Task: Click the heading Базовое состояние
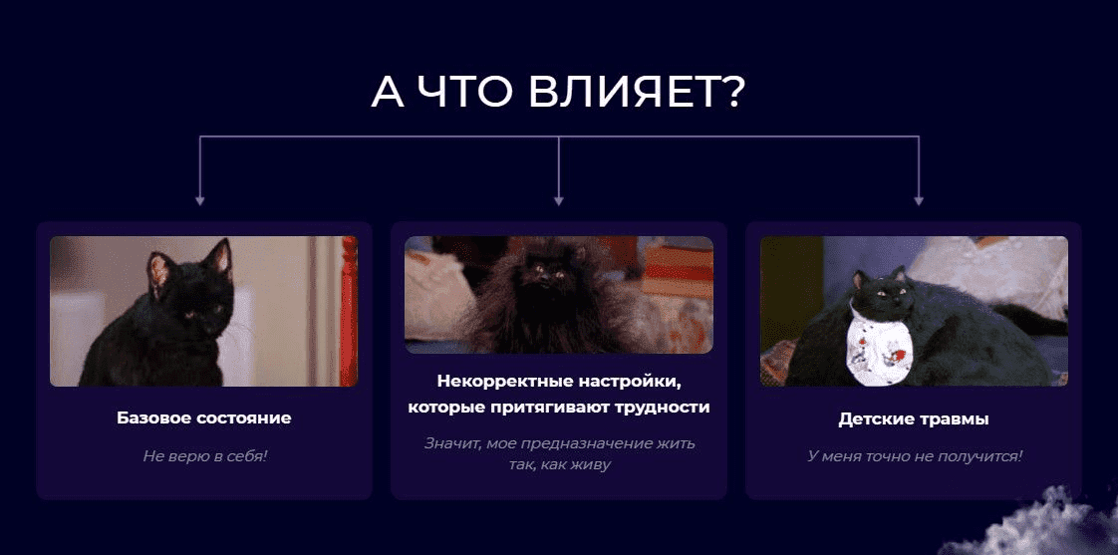(x=204, y=418)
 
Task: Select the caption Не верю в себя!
(x=204, y=455)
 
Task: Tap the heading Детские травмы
(x=914, y=418)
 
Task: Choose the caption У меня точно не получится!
(x=915, y=455)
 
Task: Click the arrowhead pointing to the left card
(x=200, y=201)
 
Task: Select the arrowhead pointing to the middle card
(x=559, y=201)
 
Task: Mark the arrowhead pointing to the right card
(x=919, y=201)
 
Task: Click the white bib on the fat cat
(x=881, y=345)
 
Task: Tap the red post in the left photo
(x=349, y=311)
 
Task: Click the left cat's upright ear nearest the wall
(x=219, y=257)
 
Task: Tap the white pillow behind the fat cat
(x=991, y=276)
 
